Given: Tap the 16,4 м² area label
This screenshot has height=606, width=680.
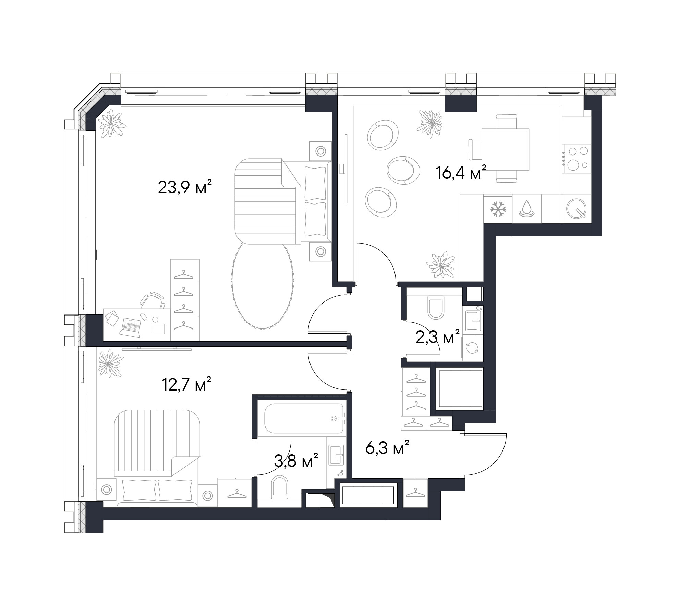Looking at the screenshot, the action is click(461, 172).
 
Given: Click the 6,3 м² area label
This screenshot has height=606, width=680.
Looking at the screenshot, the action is click(387, 448).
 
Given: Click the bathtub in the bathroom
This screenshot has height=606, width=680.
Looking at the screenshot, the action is click(300, 418).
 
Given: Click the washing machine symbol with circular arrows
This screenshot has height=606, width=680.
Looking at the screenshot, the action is click(472, 349).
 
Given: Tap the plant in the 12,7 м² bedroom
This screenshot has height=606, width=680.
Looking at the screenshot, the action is click(110, 363).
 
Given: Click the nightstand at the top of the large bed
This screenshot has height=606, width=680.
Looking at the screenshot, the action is click(321, 151).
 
